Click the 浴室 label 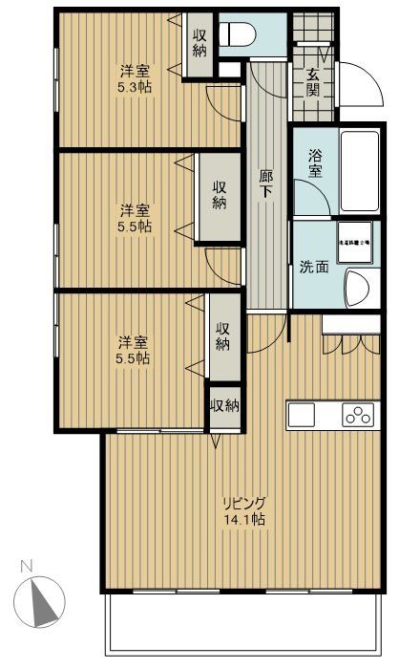(x=315, y=162)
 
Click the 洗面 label (x=311, y=267)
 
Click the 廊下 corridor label (x=267, y=183)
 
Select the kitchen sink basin (x=301, y=416)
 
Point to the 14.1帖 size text (x=245, y=520)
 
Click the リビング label (x=244, y=503)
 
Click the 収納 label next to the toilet (x=199, y=43)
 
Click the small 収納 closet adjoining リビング (x=224, y=406)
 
